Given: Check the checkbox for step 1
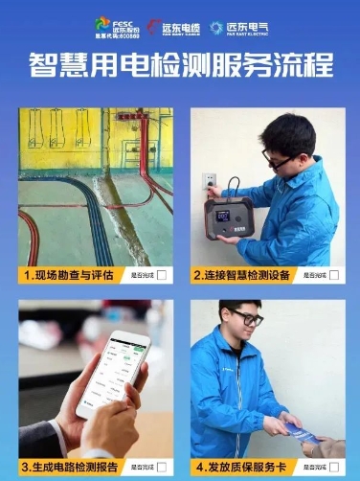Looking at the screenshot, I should tap(161, 275).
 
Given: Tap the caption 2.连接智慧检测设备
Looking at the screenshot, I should tap(241, 275).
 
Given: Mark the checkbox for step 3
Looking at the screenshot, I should tap(161, 467).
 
